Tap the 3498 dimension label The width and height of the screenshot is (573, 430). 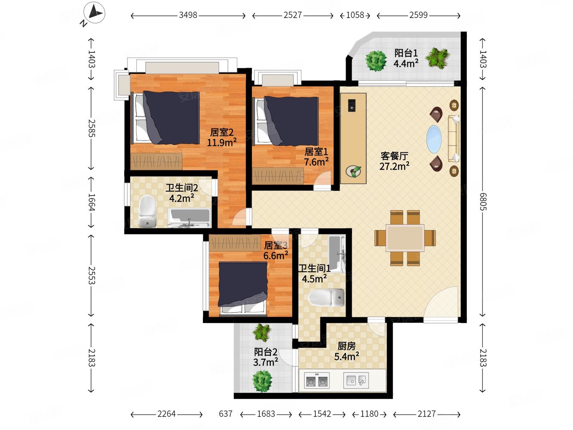tap(188, 15)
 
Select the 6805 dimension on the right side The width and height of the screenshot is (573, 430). tap(483, 202)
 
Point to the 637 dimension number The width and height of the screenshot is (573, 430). tap(226, 414)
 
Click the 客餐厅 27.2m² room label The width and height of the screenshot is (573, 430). tap(394, 161)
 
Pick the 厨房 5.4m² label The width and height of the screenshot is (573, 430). tap(346, 351)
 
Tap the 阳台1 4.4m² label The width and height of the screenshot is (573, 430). tap(406, 58)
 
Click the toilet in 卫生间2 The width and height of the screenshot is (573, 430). tap(147, 211)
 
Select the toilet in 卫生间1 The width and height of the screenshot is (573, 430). tap(326, 298)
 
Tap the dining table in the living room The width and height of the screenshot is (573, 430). tap(405, 238)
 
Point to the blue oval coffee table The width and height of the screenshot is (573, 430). tap(434, 139)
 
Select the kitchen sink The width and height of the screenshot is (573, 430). tap(356, 381)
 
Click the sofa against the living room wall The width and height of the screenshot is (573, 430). tap(453, 139)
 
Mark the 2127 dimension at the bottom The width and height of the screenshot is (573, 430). tap(426, 414)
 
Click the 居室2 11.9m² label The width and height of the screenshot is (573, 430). tap(222, 137)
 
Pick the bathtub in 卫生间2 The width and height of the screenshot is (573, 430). tap(189, 218)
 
